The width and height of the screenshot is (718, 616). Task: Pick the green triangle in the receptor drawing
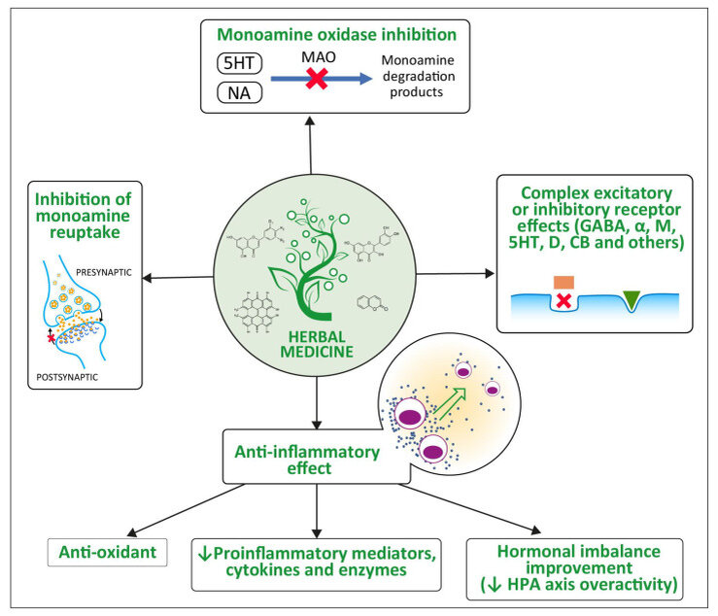[x=633, y=301]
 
